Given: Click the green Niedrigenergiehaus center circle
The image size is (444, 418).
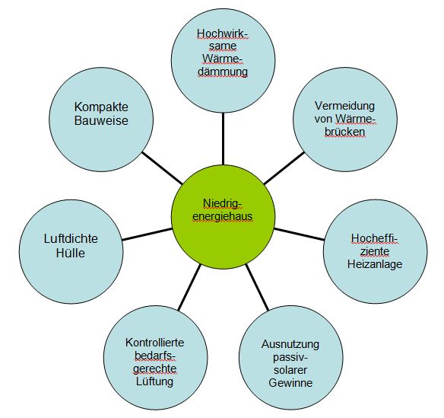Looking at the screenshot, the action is pyautogui.click(x=223, y=217).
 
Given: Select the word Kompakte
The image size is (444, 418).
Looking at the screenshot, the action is pyautogui.click(x=101, y=107).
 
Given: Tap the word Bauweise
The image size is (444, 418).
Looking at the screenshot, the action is pyautogui.click(x=101, y=120).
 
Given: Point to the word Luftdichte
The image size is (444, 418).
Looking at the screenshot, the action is pyautogui.click(x=71, y=238).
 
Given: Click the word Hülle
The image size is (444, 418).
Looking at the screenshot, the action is pyautogui.click(x=71, y=253).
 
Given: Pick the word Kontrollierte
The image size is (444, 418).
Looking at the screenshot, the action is pyautogui.click(x=154, y=343).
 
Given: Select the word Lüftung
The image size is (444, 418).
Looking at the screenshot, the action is pyautogui.click(x=154, y=381).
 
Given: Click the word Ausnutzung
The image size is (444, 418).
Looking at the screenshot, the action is pyautogui.click(x=290, y=344).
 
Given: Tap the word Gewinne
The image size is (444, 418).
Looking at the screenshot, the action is pyautogui.click(x=290, y=383).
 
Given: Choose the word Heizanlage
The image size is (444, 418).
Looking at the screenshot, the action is pyautogui.click(x=375, y=264).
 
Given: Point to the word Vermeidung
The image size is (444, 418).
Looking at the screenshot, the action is pyautogui.click(x=344, y=106).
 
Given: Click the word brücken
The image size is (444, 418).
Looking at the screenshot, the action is pyautogui.click(x=344, y=132).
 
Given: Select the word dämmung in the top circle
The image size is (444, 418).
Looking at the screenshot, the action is pyautogui.click(x=223, y=72).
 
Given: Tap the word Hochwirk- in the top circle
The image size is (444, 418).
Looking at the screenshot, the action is pyautogui.click(x=222, y=34).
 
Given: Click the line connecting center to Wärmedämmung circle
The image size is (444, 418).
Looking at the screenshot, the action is pyautogui.click(x=223, y=139).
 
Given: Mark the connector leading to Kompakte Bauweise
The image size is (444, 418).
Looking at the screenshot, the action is pyautogui.click(x=162, y=168).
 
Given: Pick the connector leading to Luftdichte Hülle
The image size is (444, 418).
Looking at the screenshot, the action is pyautogui.click(x=147, y=235).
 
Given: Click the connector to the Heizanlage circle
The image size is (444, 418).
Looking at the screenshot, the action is pyautogui.click(x=300, y=234).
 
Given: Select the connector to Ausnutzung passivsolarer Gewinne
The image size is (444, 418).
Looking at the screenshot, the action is pyautogui.click(x=257, y=287).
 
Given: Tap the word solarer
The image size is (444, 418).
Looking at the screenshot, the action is pyautogui.click(x=290, y=370).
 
